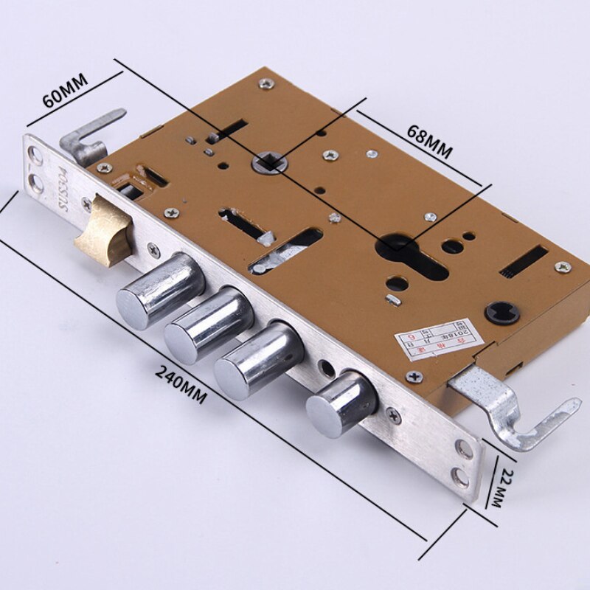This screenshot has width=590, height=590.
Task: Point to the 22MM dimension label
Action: pyautogui.click(x=504, y=487)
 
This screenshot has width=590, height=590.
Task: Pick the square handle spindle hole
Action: pyautogui.click(x=268, y=162)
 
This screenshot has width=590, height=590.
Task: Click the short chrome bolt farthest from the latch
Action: pyautogui.click(x=341, y=404)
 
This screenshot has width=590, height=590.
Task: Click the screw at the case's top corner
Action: pyautogui.click(x=266, y=84)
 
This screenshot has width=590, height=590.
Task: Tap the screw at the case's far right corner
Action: pyautogui.click(x=561, y=267)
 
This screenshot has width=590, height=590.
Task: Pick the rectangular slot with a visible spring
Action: pyautogui.click(x=523, y=262)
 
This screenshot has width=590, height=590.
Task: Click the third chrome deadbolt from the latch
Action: pyautogui.click(x=258, y=361)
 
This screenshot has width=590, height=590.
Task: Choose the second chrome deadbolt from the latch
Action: pyautogui.click(x=208, y=325)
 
